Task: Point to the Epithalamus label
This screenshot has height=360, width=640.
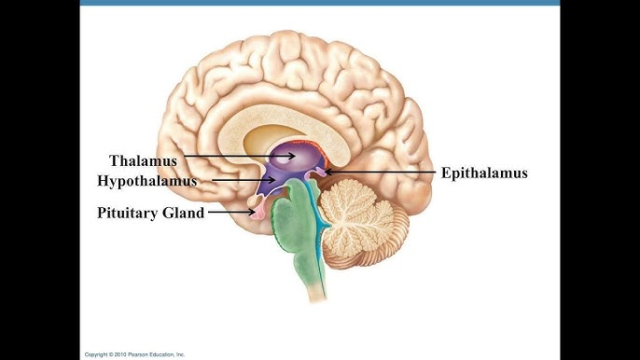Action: click(x=484, y=173)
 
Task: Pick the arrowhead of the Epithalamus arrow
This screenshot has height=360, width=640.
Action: click(x=327, y=173)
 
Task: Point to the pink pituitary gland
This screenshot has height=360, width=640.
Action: click(x=260, y=215)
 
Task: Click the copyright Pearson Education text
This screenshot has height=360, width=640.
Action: click(x=135, y=354)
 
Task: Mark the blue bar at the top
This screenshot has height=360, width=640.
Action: click(x=319, y=3)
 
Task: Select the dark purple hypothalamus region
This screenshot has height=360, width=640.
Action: click(x=275, y=187)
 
